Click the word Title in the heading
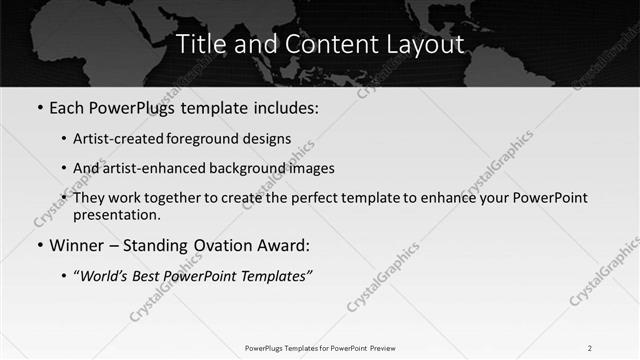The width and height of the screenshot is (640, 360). click(x=200, y=45)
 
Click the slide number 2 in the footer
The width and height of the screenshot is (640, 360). click(x=589, y=348)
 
